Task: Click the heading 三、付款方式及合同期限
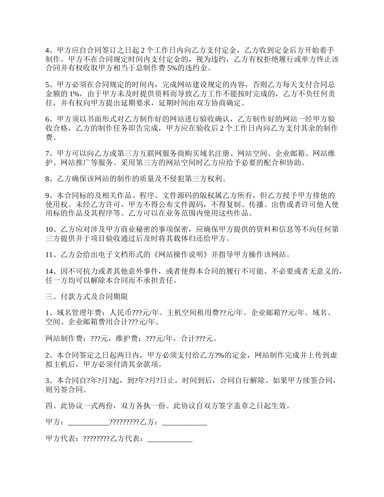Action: [87, 297]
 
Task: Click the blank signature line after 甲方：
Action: [89, 423]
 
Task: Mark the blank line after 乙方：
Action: [184, 423]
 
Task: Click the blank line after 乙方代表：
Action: [170, 439]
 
